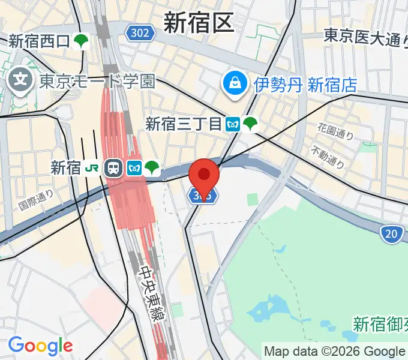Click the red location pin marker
[204, 175]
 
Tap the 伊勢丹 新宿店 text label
[305, 85]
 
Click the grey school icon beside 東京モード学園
[22, 80]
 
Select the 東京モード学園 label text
[98, 81]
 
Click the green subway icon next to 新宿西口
[82, 41]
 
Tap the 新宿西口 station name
[40, 41]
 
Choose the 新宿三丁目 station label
[184, 124]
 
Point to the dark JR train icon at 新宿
[112, 168]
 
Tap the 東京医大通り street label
[362, 37]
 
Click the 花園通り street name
[336, 131]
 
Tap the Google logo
[40, 345]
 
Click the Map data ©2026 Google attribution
[334, 351]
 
